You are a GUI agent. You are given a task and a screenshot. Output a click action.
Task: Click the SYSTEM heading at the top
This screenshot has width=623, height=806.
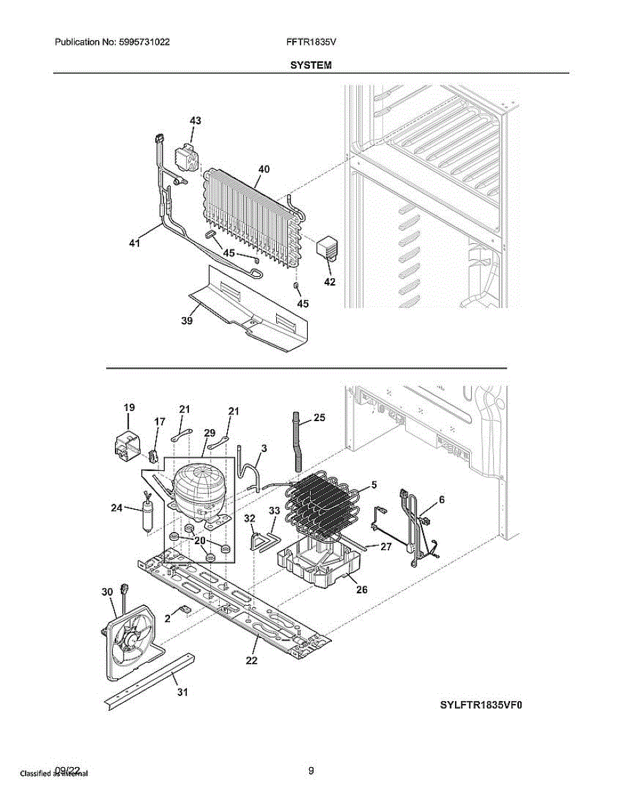(310, 65)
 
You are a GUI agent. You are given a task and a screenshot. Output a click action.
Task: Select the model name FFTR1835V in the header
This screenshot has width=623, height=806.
(310, 42)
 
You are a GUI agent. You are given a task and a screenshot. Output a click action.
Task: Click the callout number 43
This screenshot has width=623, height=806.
(195, 121)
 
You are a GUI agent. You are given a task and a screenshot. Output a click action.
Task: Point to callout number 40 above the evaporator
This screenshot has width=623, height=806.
(263, 170)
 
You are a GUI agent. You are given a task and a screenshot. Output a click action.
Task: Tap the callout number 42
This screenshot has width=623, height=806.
(329, 282)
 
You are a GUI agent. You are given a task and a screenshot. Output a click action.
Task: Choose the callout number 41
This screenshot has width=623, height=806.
(134, 244)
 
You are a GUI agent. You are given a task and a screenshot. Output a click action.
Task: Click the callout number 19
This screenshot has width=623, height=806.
(129, 408)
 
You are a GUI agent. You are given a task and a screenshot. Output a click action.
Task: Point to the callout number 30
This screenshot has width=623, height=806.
(107, 592)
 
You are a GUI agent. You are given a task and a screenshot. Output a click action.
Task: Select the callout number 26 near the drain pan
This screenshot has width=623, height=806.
(362, 590)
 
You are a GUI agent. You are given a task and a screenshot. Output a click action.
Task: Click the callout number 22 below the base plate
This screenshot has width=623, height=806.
(251, 660)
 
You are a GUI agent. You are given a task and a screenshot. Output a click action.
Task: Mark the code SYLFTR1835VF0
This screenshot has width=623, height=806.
(481, 705)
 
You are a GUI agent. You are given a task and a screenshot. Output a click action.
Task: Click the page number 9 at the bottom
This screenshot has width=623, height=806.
(310, 771)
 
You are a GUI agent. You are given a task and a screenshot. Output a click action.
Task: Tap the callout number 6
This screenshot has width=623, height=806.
(442, 500)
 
